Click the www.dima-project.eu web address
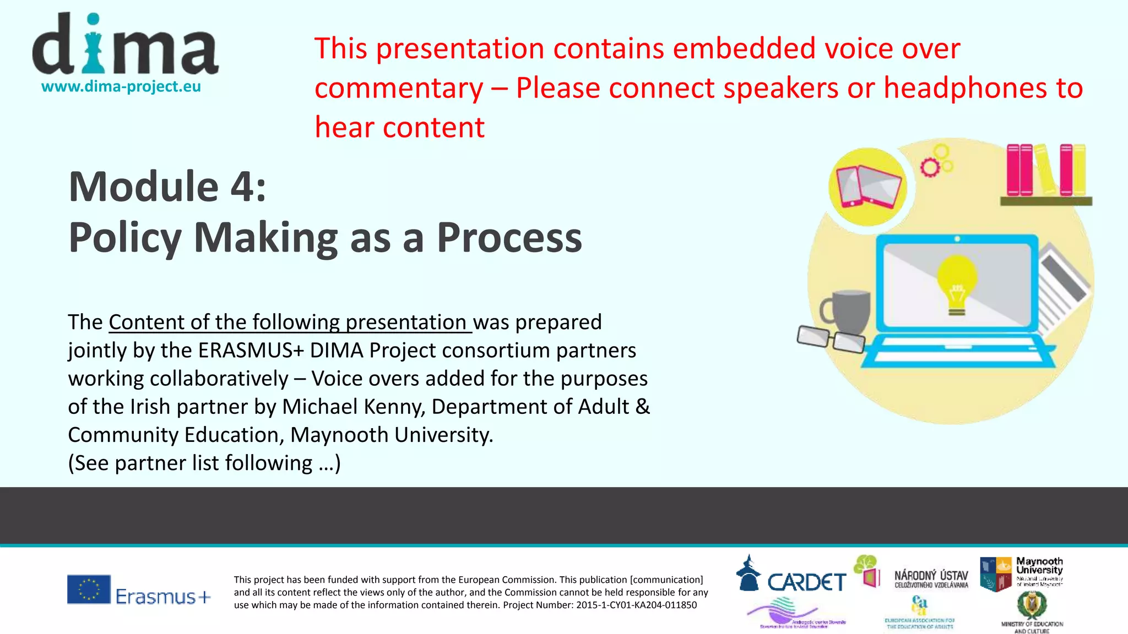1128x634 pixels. [121, 87]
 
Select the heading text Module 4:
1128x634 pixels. [167, 187]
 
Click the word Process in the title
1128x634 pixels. [509, 238]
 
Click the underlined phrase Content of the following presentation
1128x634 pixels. [290, 323]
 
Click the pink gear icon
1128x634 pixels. [930, 167]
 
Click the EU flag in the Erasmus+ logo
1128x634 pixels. [89, 589]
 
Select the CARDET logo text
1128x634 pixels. [806, 582]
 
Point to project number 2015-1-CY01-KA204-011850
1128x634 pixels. [636, 605]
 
